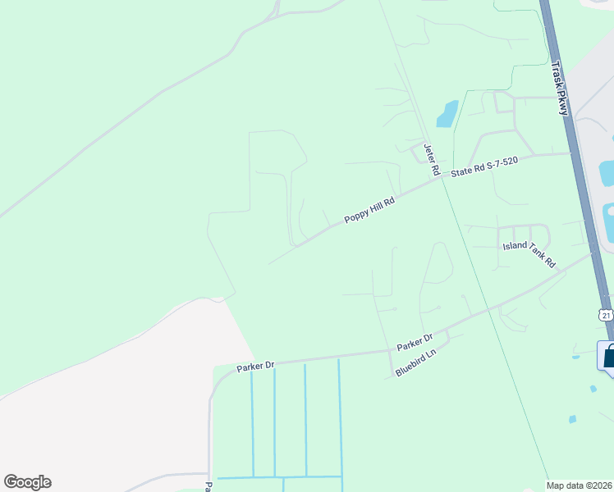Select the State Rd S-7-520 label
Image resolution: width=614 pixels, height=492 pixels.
pos(484,166)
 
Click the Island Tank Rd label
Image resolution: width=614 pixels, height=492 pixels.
pos(529,256)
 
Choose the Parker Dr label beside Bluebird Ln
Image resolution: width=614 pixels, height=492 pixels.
pos(415,343)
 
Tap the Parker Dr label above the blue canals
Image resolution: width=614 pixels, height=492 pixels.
pos(254,366)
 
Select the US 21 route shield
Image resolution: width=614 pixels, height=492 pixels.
pos(605,315)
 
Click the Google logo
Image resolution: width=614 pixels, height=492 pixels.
pos(27,482)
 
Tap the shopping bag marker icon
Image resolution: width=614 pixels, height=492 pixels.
pos(609,358)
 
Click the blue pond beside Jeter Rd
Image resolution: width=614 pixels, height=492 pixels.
pos(447,113)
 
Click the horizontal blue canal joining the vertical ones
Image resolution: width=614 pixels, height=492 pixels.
pos(279,476)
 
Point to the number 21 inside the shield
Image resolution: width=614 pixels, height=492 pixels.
pos(605,316)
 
